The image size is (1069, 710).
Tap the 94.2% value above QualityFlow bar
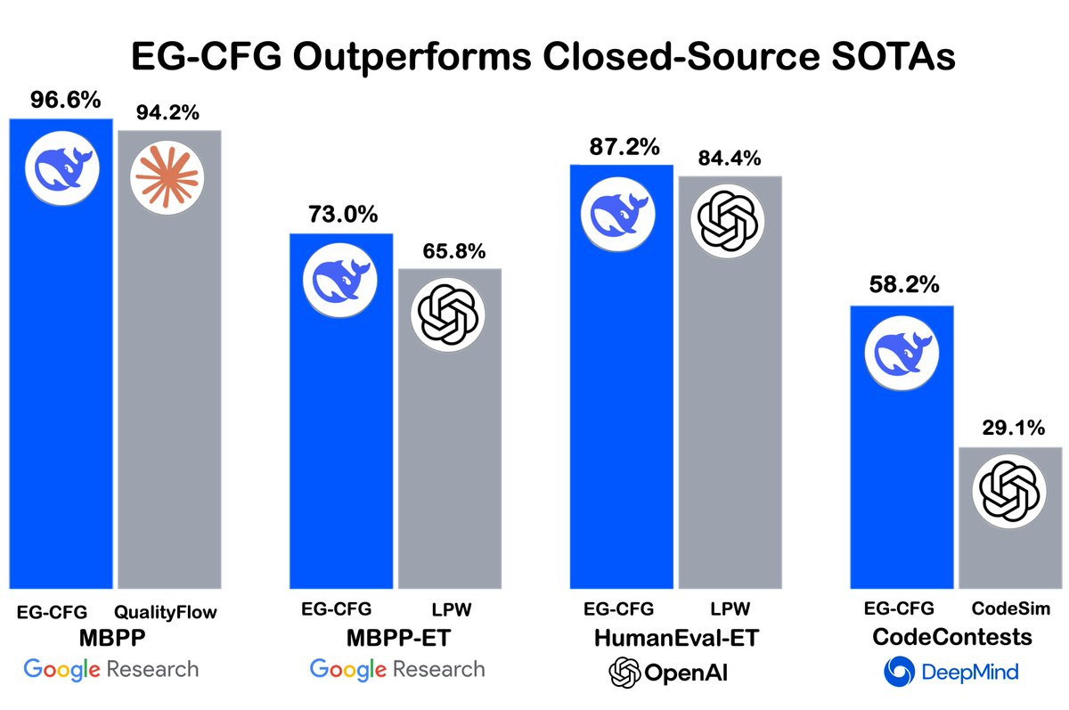click(x=167, y=112)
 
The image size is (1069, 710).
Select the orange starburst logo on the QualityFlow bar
click(x=167, y=176)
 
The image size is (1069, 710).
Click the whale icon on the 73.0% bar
click(x=342, y=278)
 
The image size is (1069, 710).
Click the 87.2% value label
click(x=621, y=145)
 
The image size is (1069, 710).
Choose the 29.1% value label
click(x=1011, y=428)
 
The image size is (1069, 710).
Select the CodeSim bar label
click(x=1011, y=609)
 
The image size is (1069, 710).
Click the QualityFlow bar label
click(x=167, y=613)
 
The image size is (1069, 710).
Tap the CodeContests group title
click(x=953, y=638)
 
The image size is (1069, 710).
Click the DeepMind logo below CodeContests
click(x=951, y=671)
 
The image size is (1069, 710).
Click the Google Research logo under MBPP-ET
click(x=397, y=669)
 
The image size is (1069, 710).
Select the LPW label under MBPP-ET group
click(x=450, y=609)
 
